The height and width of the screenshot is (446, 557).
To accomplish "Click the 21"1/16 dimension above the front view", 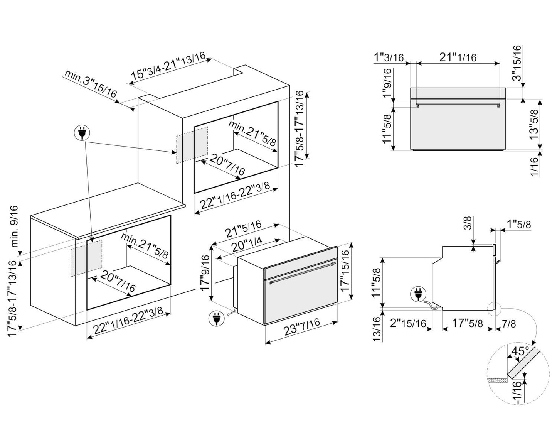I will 458,57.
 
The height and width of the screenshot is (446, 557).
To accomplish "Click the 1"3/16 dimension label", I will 389,58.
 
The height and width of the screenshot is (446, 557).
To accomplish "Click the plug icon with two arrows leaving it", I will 81,133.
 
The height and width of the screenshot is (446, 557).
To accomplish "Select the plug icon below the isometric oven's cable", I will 215,318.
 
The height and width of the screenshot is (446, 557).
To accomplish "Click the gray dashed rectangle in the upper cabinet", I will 192,145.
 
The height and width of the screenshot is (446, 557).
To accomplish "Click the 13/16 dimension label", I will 377,328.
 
